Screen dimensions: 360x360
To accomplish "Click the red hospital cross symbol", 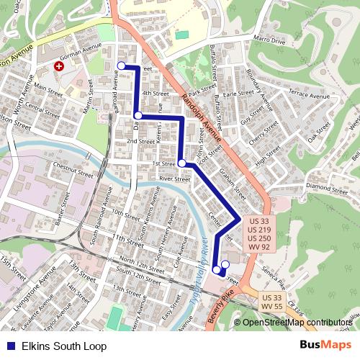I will click(x=59, y=66).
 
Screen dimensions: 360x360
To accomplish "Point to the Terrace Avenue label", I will click(x=307, y=94).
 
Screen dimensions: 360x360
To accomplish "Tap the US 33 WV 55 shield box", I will click(x=271, y=302).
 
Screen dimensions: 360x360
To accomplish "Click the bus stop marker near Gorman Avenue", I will click(x=121, y=66).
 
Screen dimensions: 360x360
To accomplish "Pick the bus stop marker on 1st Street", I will click(x=182, y=163).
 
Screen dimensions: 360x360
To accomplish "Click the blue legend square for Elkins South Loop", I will click(x=8, y=346).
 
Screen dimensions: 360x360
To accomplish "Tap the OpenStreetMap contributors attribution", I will click(x=297, y=323).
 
